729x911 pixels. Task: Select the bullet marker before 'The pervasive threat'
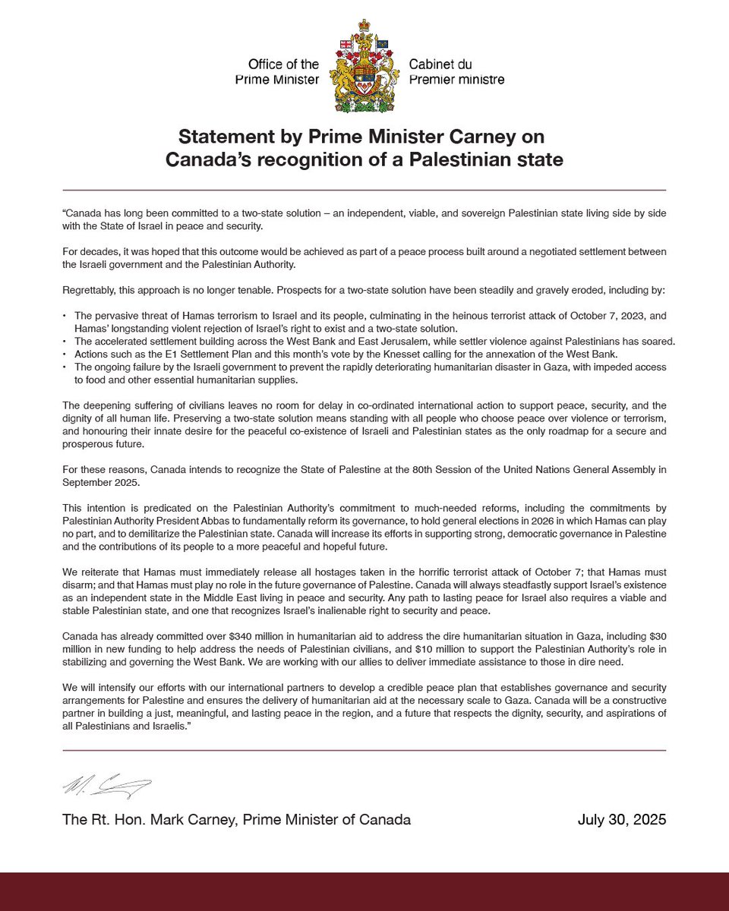(65, 314)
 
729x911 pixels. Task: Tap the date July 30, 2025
(621, 820)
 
